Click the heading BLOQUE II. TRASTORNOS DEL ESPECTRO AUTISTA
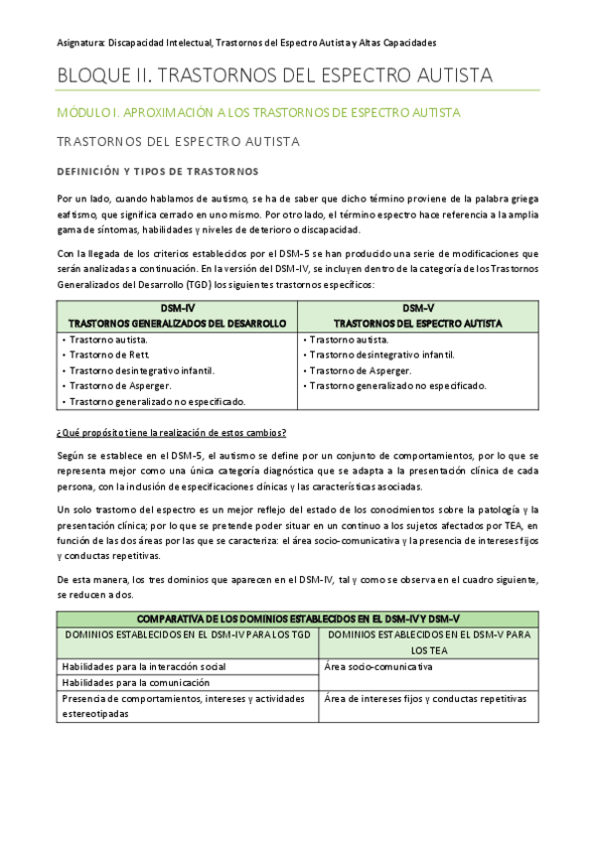click(274, 75)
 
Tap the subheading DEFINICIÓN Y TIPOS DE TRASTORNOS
click(158, 171)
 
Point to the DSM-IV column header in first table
click(177, 316)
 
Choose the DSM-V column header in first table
click(417, 316)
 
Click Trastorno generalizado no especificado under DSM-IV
click(156, 401)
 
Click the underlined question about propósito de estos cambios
click(171, 432)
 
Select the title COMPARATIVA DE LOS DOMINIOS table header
click(298, 618)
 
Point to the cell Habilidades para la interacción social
click(143, 665)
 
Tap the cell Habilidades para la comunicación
click(135, 682)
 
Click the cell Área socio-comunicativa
click(376, 665)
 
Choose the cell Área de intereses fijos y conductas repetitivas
click(424, 698)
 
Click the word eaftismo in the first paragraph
click(79, 213)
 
